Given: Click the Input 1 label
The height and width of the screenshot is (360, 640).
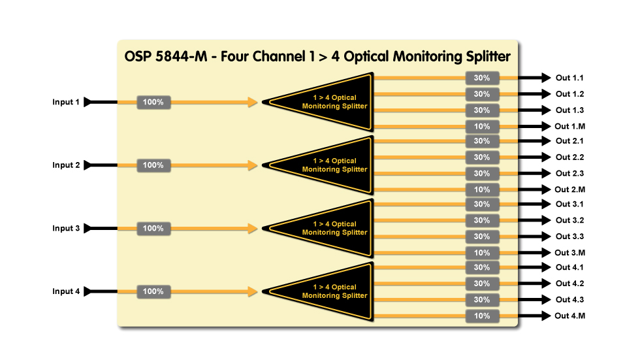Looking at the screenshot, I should click(x=66, y=102).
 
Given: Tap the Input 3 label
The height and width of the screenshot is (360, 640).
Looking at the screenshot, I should click(x=66, y=229).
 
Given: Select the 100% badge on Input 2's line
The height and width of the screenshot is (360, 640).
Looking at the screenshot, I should click(x=153, y=165).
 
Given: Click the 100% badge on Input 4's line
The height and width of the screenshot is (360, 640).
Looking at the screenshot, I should click(x=153, y=291).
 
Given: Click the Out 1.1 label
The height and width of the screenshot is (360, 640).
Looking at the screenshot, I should click(x=569, y=78).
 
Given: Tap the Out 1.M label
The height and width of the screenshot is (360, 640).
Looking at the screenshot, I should click(x=569, y=126).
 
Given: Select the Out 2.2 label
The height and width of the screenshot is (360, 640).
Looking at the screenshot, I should click(x=569, y=157).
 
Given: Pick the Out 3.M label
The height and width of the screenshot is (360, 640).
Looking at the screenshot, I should click(x=569, y=252).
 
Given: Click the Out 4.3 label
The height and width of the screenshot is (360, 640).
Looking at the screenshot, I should click(x=569, y=300).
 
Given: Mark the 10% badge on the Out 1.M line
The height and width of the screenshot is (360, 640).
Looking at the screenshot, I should click(x=482, y=126).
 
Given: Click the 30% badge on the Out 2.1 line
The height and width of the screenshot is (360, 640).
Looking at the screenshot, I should click(x=482, y=141).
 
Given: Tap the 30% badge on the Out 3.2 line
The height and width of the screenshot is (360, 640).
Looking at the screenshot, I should click(x=482, y=221).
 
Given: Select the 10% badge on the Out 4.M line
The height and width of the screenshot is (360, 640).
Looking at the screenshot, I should click(x=482, y=316).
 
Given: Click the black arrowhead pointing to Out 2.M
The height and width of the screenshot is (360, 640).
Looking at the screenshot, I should click(x=545, y=189).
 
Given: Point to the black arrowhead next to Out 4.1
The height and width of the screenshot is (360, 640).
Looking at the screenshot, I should click(x=545, y=268).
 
